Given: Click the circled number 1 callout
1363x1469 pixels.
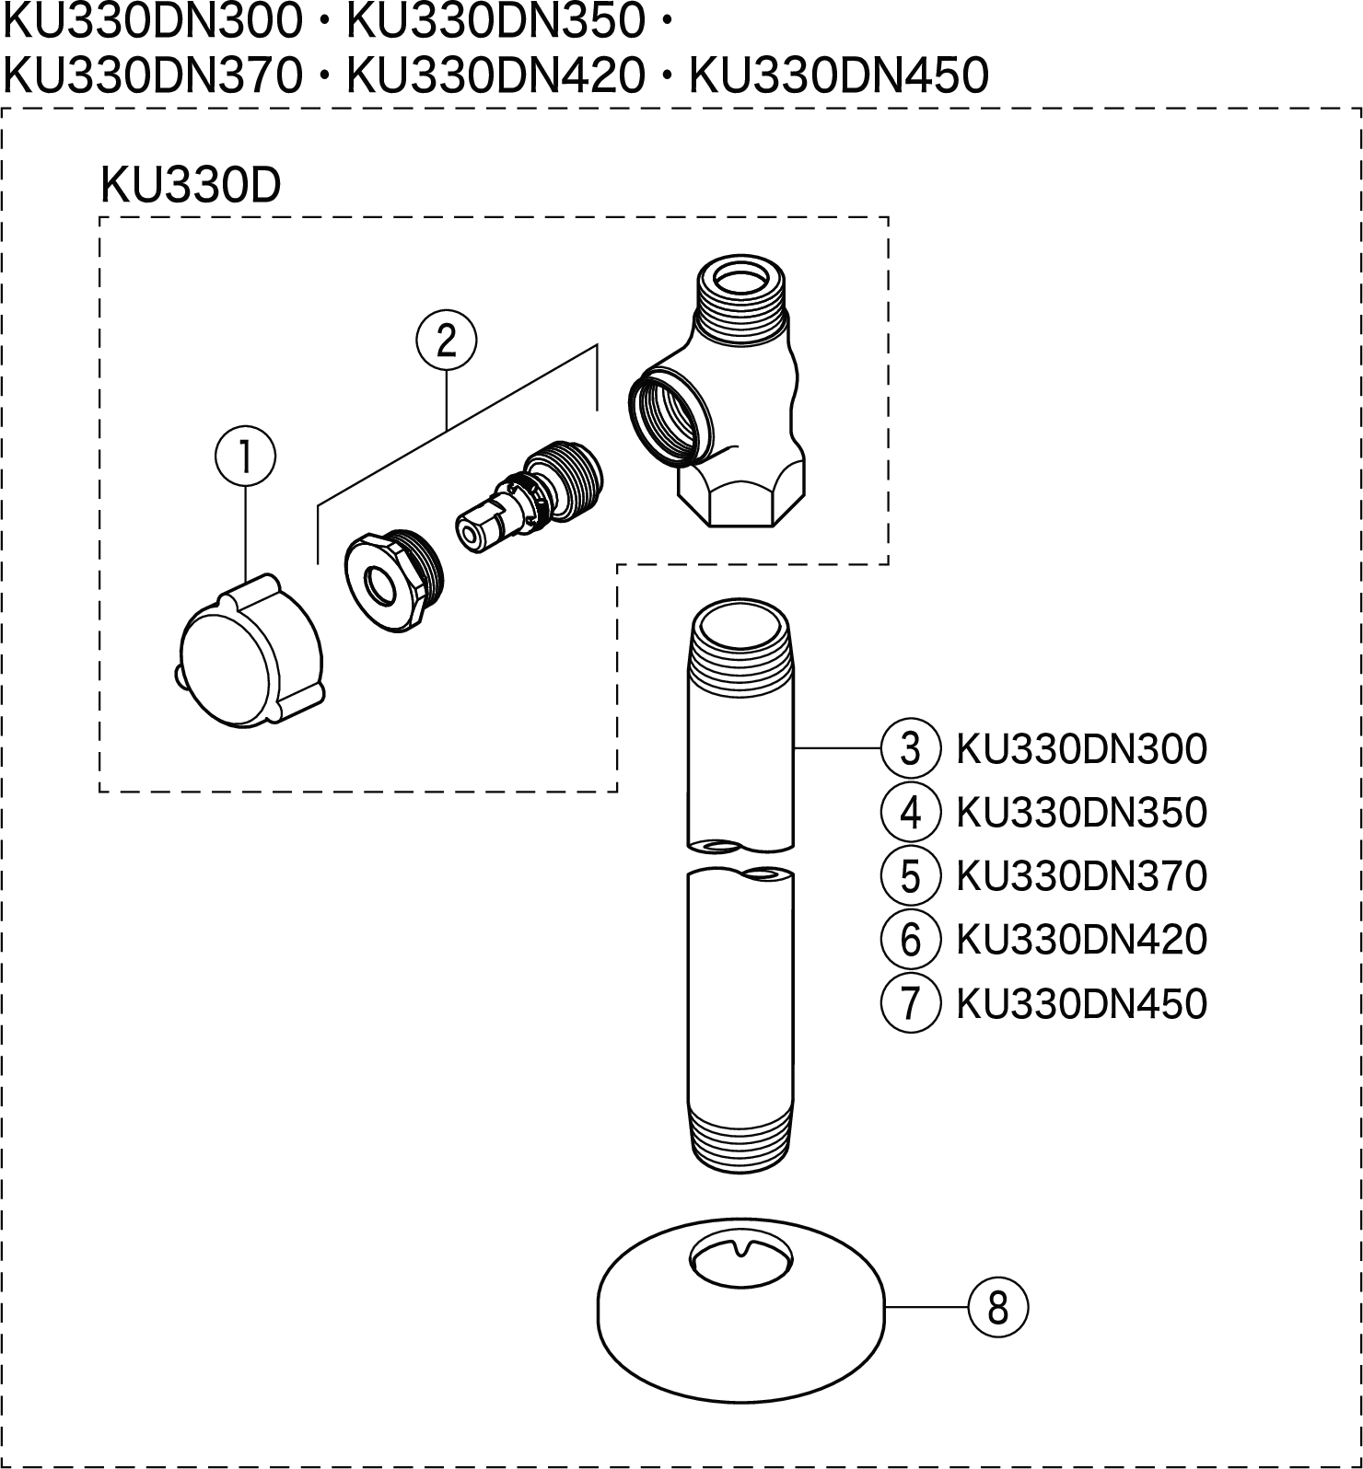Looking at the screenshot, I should (x=245, y=457).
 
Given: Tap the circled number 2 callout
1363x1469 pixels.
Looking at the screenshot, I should (x=447, y=341).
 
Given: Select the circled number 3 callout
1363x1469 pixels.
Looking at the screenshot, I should (x=910, y=749).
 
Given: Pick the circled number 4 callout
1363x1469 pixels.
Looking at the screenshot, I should (x=910, y=813).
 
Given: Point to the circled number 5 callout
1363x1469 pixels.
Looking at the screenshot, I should (x=910, y=875).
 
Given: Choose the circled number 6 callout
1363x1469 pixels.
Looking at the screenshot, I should (x=910, y=939).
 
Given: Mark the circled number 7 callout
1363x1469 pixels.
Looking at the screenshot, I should (x=910, y=1002).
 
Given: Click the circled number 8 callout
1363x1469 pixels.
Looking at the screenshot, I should (x=997, y=1307).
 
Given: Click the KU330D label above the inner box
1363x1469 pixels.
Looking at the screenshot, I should (x=190, y=187).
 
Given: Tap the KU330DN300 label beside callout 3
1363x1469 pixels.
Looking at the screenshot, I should (x=1081, y=749).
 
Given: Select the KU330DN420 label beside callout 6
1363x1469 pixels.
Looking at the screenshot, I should (x=1081, y=939).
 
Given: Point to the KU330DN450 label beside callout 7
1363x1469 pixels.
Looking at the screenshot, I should (x=1081, y=1002).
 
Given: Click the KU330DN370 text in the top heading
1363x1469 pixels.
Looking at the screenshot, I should (x=153, y=75).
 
